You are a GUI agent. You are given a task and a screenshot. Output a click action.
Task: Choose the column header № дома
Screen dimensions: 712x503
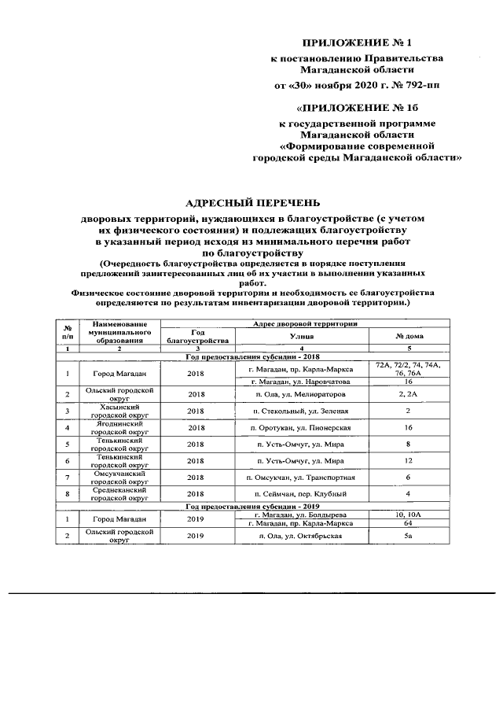(409, 336)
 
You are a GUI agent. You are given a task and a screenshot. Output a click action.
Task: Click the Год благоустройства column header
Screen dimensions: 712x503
(197, 336)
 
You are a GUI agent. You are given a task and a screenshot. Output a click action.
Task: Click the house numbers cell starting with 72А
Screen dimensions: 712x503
(409, 369)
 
